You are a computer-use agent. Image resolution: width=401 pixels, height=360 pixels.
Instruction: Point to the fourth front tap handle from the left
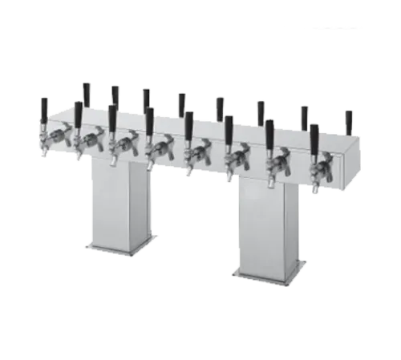tap(148, 119)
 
